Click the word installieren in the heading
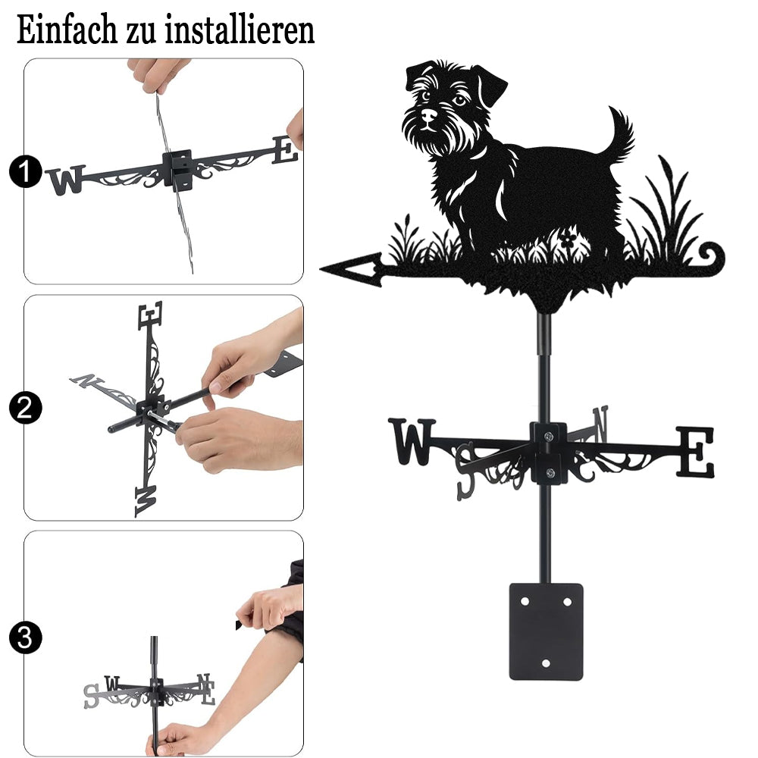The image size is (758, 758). point(240,30)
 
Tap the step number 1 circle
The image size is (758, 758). point(25,172)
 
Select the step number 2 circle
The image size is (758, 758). point(25,408)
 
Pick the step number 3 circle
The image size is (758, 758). point(25,637)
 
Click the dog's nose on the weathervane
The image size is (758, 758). point(428,114)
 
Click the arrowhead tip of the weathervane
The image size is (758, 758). point(321,268)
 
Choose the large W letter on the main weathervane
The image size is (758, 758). point(412,441)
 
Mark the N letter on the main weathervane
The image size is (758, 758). point(600,424)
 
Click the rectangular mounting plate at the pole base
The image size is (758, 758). point(547,631)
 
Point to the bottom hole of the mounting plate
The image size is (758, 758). point(547,663)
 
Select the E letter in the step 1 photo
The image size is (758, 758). point(285,150)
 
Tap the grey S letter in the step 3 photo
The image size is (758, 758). point(91,696)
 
